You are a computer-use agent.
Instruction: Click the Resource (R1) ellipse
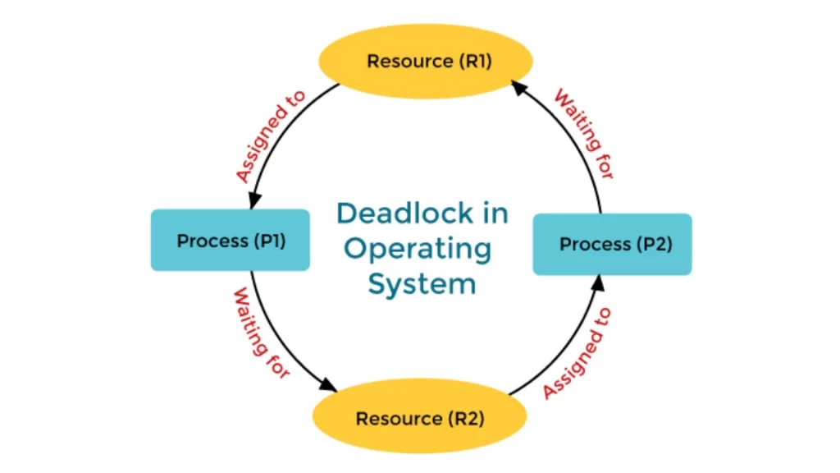[x=424, y=62]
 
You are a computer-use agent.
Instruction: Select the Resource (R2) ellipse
[x=419, y=418]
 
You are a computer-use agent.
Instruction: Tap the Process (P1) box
[x=230, y=241]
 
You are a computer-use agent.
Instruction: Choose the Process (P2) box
[x=612, y=244]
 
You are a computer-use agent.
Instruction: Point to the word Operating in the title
[x=418, y=249]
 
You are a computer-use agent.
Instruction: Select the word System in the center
[x=421, y=284]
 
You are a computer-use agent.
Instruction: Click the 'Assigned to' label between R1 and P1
[x=270, y=136]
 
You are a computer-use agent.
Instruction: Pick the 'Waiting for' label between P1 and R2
[x=261, y=333]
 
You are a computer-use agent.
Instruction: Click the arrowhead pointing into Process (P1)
[x=253, y=202]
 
